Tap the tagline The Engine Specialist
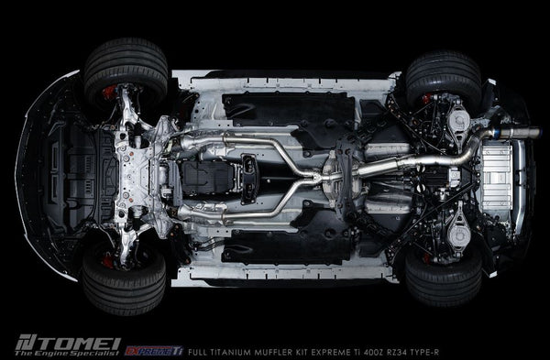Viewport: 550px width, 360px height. coord(67,353)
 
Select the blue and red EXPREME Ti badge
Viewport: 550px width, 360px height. coord(154,351)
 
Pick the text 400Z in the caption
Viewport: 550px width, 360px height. coord(355,352)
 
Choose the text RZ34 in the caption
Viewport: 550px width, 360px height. coord(379,352)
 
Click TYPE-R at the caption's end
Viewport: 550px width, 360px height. coord(416,352)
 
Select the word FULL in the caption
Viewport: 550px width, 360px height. coord(195,352)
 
